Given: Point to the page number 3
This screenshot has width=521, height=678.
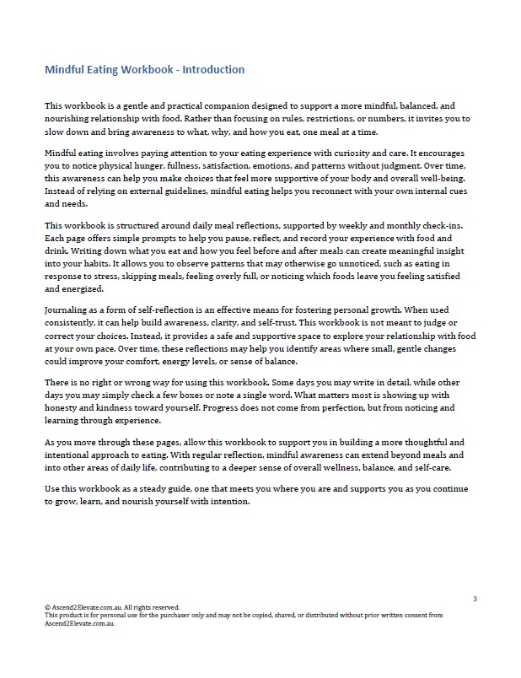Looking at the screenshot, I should [475, 599].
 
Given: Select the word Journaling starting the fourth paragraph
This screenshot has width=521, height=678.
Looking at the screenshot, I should [68, 309].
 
